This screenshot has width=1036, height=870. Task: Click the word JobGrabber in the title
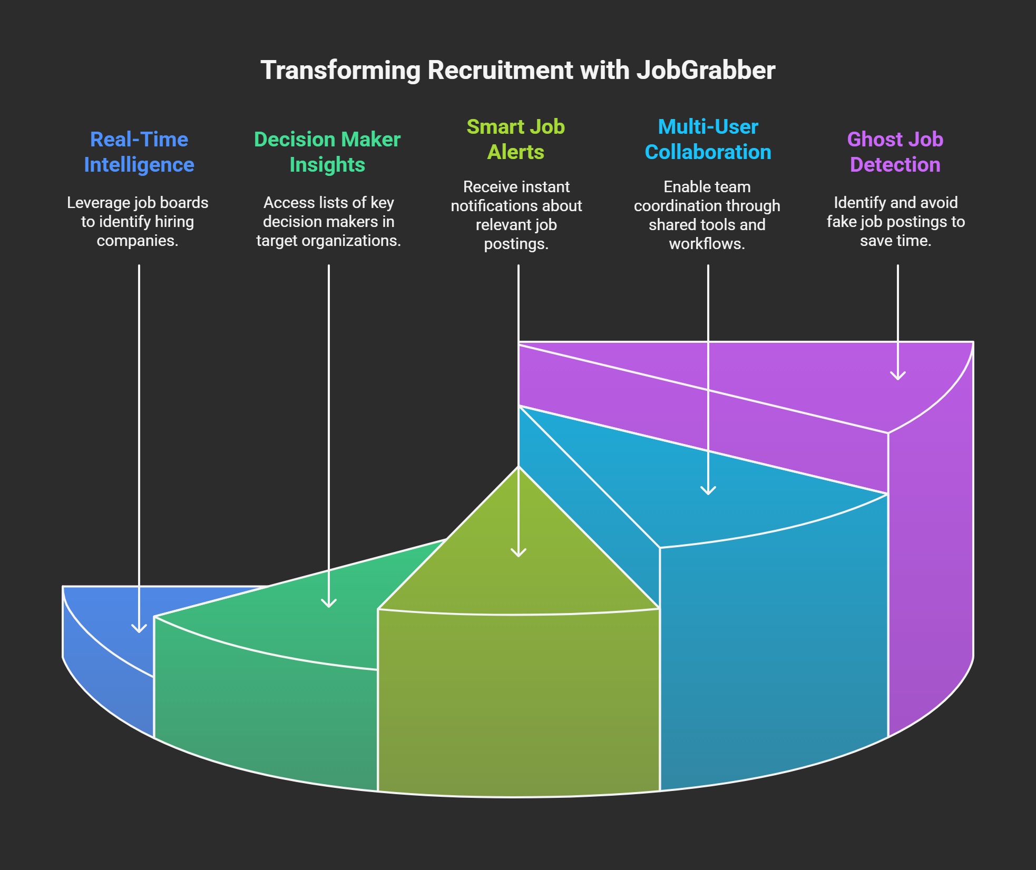coord(706,70)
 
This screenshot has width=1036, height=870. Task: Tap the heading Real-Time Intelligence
coord(139,152)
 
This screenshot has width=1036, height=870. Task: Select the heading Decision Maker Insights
coord(327,152)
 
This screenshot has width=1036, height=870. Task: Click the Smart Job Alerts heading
coord(516,140)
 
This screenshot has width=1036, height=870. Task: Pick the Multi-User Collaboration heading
coord(708,140)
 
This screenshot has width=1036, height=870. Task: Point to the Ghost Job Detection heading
coord(895,152)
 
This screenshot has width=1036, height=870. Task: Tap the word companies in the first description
coord(138,241)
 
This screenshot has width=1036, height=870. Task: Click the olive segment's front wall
coord(519,703)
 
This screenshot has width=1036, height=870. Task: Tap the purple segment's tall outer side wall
coord(931,558)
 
